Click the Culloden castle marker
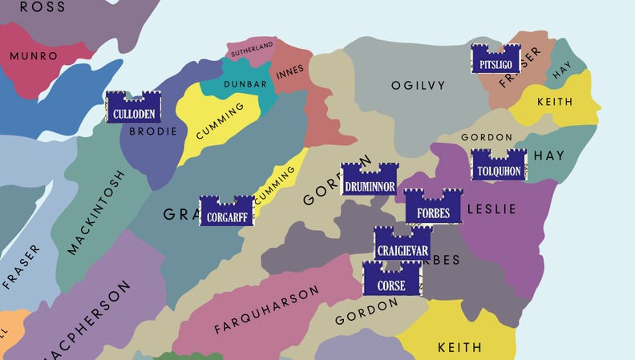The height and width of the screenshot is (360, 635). tap(134, 107)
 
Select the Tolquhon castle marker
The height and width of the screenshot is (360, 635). tap(499, 165)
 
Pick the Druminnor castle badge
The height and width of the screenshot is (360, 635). tap(369, 180)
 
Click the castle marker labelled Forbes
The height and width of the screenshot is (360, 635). tap(433, 208)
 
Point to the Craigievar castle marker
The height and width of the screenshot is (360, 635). tap(402, 245)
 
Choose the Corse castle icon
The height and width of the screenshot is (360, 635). tap(392, 279)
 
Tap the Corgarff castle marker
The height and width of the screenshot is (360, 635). tap(226, 211)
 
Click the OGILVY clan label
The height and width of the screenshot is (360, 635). tap(418, 85)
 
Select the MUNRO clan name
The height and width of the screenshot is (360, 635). tap(34, 56)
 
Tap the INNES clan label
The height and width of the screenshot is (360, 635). tap(290, 72)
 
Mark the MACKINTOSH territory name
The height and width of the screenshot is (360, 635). tap(97, 212)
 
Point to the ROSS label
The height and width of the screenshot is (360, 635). tap(42, 6)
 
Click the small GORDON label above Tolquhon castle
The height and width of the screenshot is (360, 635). tap(487, 137)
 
